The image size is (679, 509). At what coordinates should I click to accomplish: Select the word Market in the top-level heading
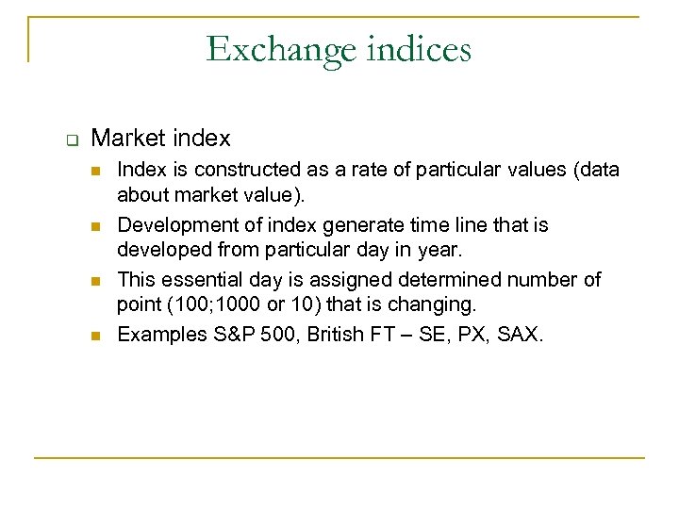point(125,139)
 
